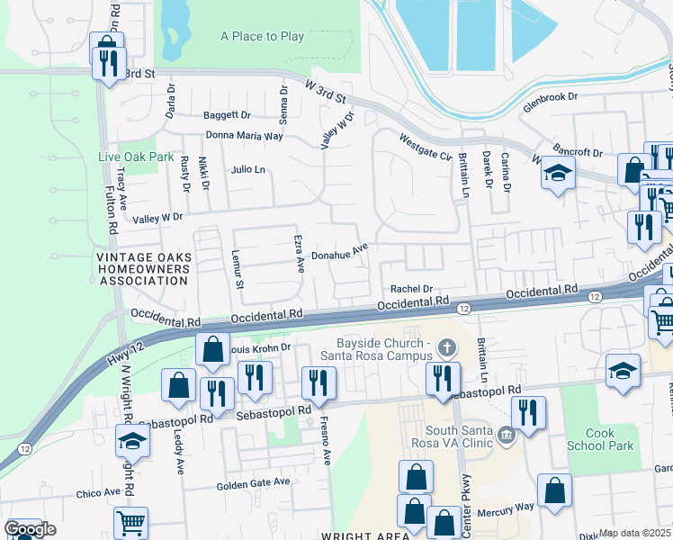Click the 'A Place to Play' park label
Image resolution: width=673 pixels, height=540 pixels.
coord(263,37)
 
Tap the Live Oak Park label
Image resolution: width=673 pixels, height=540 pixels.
coord(136,157)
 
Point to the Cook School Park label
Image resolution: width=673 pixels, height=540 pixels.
coord(600,439)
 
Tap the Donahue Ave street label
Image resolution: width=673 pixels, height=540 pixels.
coord(340,255)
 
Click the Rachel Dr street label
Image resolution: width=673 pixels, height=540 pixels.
coord(412,289)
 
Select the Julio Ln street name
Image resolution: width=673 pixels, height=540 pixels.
coord(248,169)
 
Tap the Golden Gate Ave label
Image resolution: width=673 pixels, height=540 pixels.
coord(254,483)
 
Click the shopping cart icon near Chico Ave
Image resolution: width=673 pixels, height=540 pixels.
coord(131,521)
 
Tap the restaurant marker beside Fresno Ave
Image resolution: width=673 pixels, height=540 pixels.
coord(319,381)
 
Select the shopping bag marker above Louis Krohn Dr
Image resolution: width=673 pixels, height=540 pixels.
coord(212,349)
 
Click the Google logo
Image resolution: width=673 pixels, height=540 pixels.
coord(30,529)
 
